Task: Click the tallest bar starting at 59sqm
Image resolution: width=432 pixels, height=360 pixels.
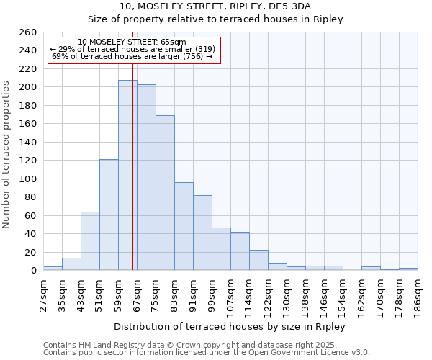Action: click(127, 175)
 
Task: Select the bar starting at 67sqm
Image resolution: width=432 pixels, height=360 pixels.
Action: click(146, 177)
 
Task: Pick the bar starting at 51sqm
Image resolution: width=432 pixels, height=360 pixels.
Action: click(109, 215)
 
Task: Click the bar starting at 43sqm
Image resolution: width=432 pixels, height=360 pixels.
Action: click(90, 241)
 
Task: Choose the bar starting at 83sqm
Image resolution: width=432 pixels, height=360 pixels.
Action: click(184, 226)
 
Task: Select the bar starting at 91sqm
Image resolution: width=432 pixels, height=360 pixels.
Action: click(202, 233)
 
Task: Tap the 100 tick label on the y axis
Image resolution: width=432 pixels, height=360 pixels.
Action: click(28, 179)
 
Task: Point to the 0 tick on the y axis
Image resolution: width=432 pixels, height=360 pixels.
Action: click(33, 271)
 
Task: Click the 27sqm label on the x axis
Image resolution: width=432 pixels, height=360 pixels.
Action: click(43, 293)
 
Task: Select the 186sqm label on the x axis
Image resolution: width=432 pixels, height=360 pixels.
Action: click(418, 293)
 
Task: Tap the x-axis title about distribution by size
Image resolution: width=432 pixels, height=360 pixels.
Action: click(230, 326)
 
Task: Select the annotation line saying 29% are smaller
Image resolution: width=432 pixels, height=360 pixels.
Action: click(132, 49)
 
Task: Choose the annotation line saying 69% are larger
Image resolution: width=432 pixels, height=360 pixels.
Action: click(132, 56)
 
